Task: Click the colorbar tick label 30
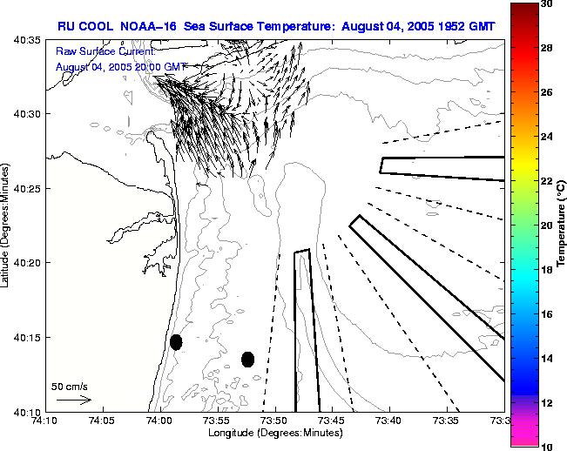[x=547, y=5]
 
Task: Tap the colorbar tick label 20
[x=547, y=225]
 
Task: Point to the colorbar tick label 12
[x=547, y=402]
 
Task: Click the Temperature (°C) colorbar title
[x=563, y=225]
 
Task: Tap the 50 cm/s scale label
[x=69, y=386]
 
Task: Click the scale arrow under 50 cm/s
[x=73, y=401]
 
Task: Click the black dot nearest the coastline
[x=176, y=342]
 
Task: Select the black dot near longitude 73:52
[x=247, y=359]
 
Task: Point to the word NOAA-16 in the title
[x=146, y=26]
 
